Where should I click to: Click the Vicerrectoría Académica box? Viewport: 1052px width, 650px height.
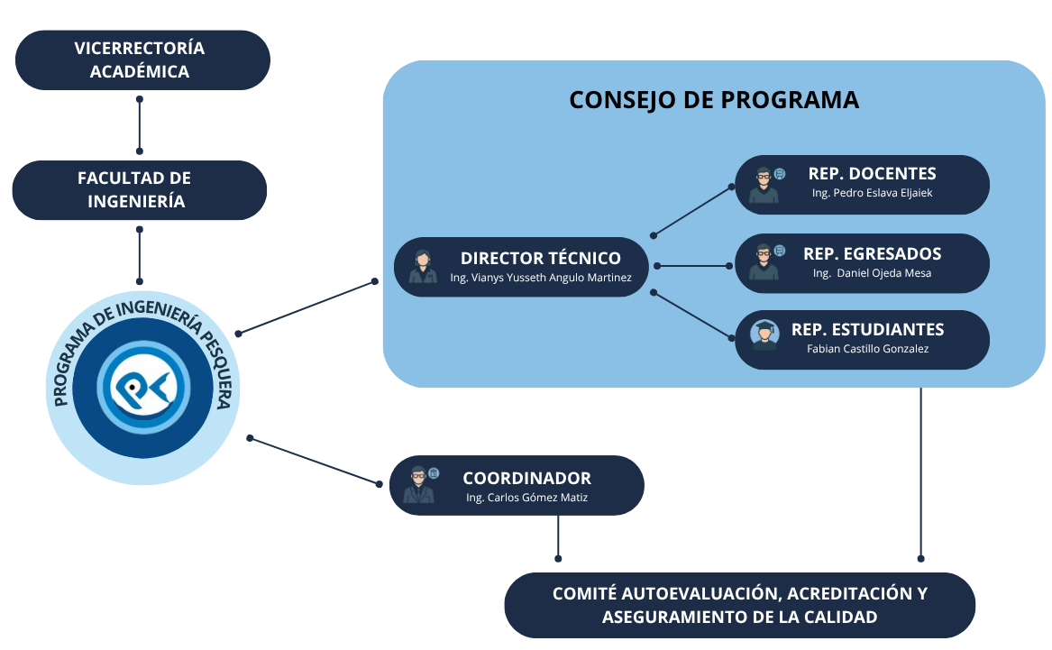point(142,60)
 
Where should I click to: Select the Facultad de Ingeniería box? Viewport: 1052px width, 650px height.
point(139,189)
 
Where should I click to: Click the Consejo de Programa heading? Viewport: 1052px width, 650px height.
point(714,99)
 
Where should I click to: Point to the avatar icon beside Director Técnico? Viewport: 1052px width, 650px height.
point(422,267)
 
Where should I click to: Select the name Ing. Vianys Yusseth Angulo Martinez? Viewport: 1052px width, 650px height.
point(541,278)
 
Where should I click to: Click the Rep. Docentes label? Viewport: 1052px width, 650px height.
point(872,174)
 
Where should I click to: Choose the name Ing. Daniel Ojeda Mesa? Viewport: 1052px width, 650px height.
point(872,273)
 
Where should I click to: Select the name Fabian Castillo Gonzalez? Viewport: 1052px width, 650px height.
point(867,349)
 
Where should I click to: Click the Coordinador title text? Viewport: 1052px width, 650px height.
point(527,479)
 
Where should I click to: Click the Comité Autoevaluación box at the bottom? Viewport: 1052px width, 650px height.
point(739,605)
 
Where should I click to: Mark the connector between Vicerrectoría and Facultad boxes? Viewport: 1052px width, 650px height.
point(140,122)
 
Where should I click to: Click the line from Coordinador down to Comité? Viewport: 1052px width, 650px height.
point(558,537)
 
